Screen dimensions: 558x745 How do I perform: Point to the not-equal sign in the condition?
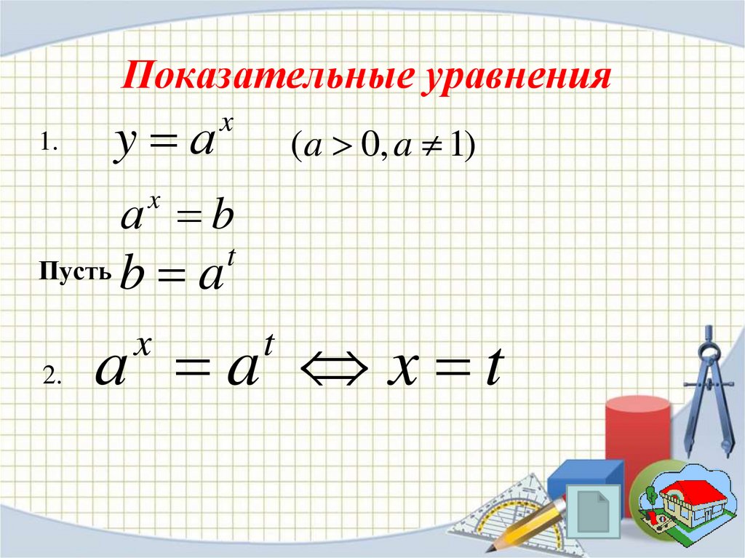[421, 148]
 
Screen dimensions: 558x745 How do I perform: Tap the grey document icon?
[596, 510]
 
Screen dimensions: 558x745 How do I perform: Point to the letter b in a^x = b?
[221, 216]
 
